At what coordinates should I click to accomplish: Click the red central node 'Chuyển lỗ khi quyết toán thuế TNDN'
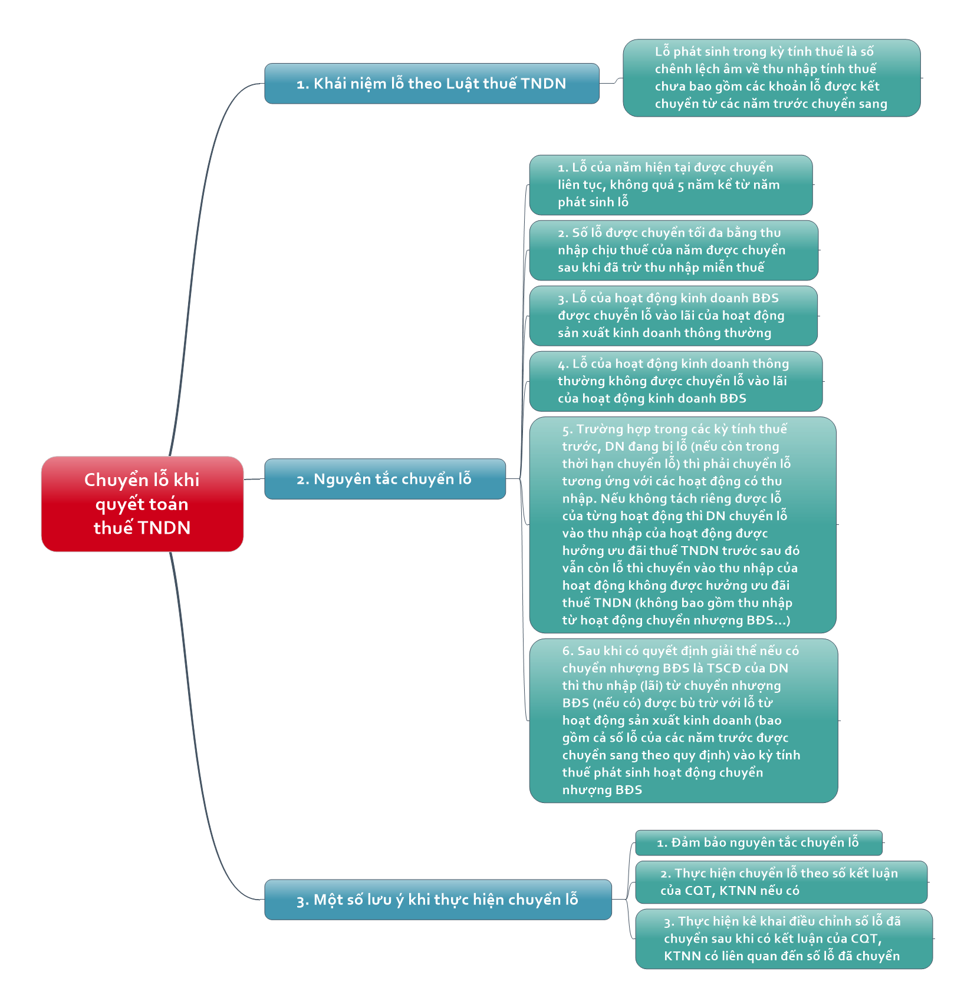pos(142,504)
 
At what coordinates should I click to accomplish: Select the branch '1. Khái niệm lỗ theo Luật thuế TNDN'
pos(432,84)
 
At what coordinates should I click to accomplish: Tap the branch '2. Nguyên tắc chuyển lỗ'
pos(385,479)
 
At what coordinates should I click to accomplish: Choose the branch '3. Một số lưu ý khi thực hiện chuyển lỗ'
pos(438,900)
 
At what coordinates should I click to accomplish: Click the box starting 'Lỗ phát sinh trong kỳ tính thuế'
pos(772,78)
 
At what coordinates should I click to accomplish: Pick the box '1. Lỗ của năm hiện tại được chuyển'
pos(671,185)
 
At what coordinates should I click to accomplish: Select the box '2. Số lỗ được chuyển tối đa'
pos(674,250)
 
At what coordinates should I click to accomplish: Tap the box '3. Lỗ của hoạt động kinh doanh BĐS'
pos(673,316)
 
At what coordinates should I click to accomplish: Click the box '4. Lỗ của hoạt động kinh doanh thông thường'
pos(676,381)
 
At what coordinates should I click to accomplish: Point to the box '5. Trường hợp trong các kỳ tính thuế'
pos(683,525)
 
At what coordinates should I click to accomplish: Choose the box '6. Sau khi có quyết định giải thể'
pos(683,721)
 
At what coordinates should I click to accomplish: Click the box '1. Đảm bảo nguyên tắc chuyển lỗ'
pos(759,842)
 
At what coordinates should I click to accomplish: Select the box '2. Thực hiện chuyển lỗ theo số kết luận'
pos(781,882)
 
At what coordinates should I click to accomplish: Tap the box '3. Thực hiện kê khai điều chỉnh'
pos(784,938)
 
